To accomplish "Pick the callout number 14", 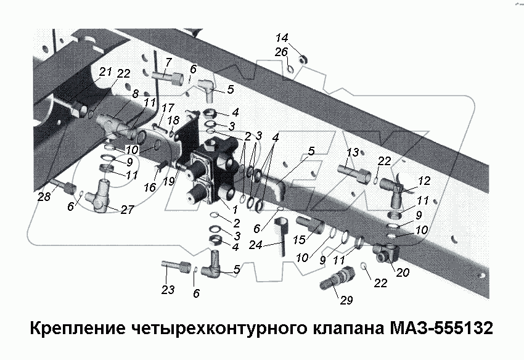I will (x=281, y=37).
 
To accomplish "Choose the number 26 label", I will (x=281, y=52).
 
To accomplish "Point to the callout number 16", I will (x=149, y=187).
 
